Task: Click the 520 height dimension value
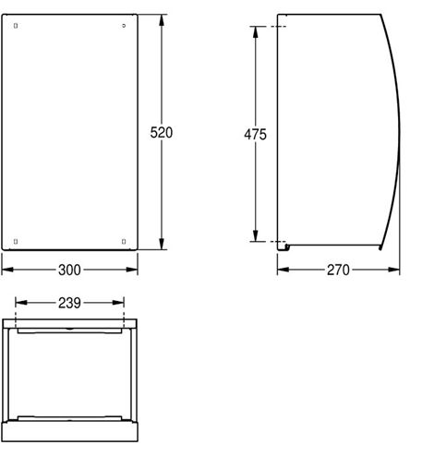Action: click(x=162, y=133)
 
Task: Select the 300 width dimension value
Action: click(x=69, y=270)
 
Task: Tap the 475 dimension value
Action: click(x=255, y=135)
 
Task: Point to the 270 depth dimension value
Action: click(x=338, y=270)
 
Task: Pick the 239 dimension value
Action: click(x=69, y=303)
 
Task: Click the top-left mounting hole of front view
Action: click(x=16, y=26)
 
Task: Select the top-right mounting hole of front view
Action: click(x=124, y=26)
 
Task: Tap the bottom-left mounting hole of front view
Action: click(x=16, y=242)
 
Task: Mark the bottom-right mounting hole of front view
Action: click(x=124, y=242)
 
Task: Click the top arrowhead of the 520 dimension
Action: click(x=163, y=20)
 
